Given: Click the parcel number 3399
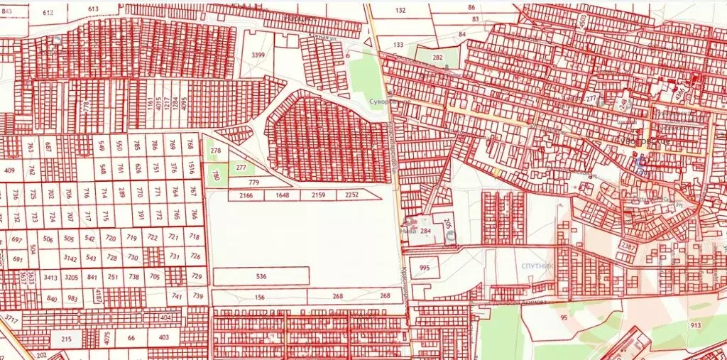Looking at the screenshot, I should tap(258, 55).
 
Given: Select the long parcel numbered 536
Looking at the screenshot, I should tap(261, 276).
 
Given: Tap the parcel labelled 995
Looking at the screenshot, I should tap(425, 268).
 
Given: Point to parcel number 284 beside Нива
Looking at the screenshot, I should tap(426, 231).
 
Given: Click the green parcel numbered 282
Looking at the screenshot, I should tap(438, 58).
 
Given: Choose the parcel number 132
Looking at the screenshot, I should tap(401, 11).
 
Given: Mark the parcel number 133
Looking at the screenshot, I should tap(398, 45).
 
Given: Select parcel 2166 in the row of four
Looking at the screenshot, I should tap(246, 195).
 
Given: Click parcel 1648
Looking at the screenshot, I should tap(283, 195).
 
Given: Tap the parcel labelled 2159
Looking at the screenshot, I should tap(319, 195).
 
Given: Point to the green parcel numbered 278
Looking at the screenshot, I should tap(216, 151).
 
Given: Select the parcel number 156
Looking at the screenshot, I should tap(260, 297).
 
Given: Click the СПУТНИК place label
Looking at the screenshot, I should tap(538, 266).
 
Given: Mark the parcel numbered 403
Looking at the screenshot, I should tap(164, 337).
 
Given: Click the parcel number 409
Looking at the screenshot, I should tap(10, 170).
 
